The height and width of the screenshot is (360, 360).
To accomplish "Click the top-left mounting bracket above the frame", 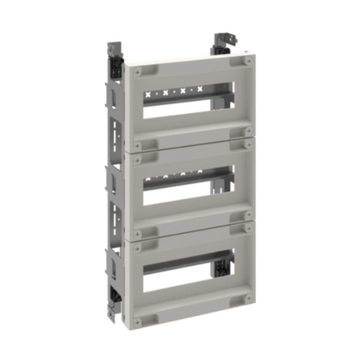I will tap(115, 53).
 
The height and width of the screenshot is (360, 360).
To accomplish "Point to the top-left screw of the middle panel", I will tap(139, 157).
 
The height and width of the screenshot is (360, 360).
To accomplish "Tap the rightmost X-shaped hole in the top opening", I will tap(200, 87).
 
